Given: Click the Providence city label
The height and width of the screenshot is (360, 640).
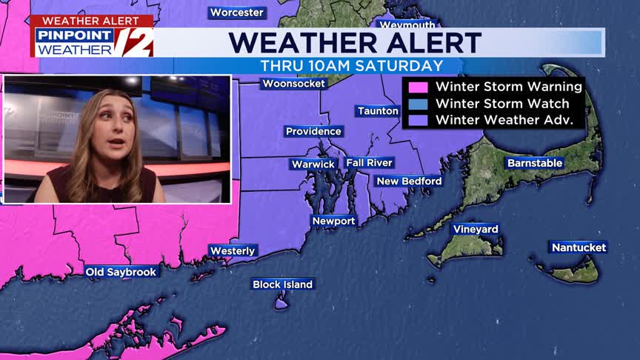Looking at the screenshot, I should point(314,131).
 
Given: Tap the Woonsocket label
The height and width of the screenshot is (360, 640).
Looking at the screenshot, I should point(294,84).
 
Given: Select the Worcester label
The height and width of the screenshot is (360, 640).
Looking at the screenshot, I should point(237,13).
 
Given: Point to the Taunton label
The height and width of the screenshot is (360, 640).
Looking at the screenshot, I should point(378,111).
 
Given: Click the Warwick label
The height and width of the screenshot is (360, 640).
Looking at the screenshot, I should point(314,164).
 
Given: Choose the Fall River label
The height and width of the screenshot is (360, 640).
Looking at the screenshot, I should point(369,162).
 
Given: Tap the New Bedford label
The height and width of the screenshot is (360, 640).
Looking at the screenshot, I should point(409,181).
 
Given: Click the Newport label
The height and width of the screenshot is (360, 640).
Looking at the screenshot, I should point(333,221).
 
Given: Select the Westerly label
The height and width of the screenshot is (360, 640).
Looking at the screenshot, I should point(233,251).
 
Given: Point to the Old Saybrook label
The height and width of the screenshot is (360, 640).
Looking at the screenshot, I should point(121,272).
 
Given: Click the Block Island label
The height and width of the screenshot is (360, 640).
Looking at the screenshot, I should point(282,284).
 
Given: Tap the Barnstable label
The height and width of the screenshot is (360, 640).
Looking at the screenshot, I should point(535,163).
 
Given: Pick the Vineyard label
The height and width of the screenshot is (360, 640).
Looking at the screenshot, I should point(475,229).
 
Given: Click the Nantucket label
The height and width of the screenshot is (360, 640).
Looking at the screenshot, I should point(579,247).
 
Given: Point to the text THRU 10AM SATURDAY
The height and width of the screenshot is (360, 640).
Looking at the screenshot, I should point(352,65).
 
